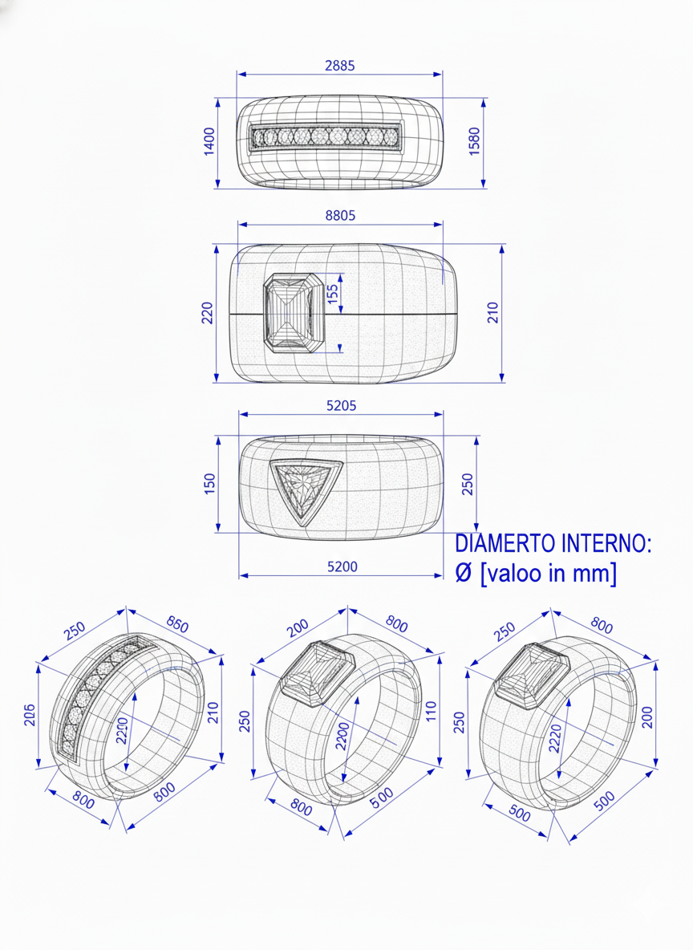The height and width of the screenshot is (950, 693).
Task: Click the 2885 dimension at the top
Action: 339,66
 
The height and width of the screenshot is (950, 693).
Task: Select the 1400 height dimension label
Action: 210,142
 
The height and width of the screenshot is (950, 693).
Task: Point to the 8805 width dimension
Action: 339,215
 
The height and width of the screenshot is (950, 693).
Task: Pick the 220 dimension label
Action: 207,312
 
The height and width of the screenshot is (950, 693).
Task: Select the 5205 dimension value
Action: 341,406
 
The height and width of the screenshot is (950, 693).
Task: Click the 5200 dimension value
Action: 342,566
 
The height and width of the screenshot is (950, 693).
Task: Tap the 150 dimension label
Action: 209,483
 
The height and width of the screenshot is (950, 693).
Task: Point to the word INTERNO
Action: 606,544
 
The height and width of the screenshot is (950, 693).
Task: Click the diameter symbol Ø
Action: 464,574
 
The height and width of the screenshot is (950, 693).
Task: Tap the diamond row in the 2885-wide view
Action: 325,137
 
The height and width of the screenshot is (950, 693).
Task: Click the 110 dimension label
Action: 431,711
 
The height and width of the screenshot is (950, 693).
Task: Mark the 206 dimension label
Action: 30,714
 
